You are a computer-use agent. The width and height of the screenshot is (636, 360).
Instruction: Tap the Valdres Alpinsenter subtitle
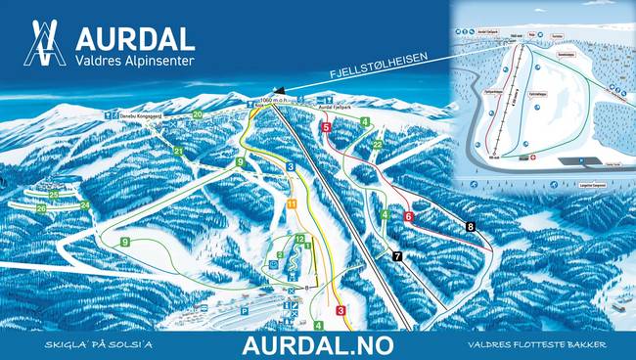(x=134, y=61)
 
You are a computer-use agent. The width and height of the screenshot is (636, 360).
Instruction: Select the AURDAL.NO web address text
(x=317, y=345)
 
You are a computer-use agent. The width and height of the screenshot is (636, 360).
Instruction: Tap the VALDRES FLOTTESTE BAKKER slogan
(x=537, y=346)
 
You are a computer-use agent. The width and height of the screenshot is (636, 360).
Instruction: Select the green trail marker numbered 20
(x=198, y=114)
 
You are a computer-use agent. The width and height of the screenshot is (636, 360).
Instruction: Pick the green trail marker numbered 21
(x=178, y=152)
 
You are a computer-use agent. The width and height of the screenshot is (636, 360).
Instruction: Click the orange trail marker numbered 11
(x=292, y=203)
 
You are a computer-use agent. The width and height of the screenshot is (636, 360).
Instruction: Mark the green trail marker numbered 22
(x=377, y=145)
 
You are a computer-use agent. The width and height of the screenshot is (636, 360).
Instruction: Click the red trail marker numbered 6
(x=408, y=216)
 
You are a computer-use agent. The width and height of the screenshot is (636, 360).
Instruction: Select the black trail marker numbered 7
(x=396, y=256)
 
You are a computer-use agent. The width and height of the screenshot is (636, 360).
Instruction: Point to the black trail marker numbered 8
(x=471, y=227)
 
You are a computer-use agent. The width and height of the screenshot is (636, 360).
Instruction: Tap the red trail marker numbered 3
(x=341, y=311)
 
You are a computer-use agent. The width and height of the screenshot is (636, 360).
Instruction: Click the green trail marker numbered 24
(x=85, y=205)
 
